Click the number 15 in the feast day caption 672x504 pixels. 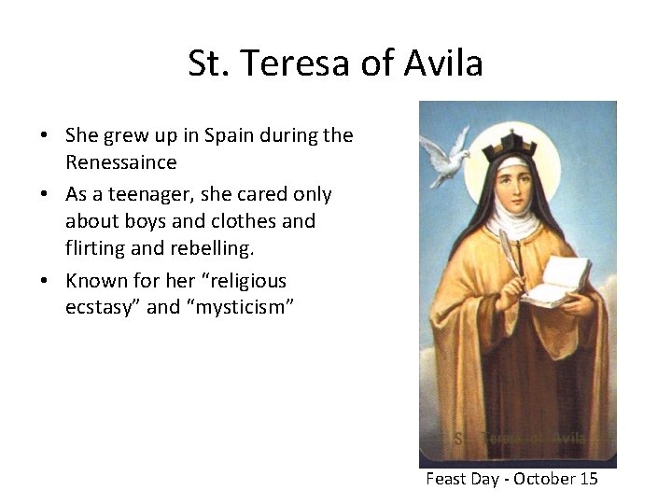pos(587,479)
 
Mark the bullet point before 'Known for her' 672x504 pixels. pos(45,281)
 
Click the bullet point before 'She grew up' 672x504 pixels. pos(45,135)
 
